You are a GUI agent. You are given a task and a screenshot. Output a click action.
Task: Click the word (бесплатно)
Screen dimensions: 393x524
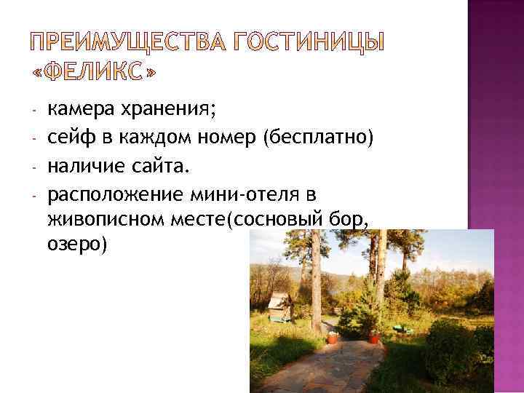tap(319, 136)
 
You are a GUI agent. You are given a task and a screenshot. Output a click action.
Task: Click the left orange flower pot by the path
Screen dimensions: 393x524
tap(332, 338)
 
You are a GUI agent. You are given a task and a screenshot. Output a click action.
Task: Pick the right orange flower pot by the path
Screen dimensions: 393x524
tap(374, 337)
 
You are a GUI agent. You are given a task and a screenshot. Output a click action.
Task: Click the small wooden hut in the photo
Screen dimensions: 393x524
tap(279, 306)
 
